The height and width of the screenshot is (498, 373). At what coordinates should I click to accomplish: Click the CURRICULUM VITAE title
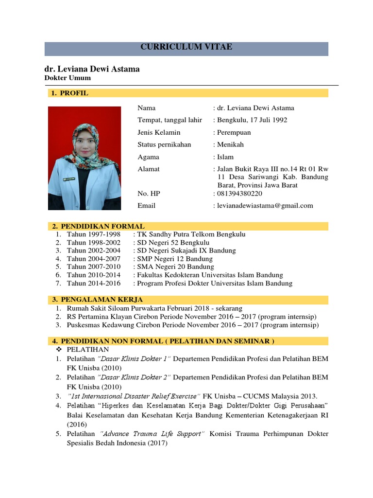click(x=186, y=47)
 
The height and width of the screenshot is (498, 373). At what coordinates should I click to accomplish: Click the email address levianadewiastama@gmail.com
click(x=265, y=206)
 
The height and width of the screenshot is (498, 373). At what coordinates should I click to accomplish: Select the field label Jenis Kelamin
click(x=159, y=132)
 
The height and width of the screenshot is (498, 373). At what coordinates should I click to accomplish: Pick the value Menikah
click(x=231, y=144)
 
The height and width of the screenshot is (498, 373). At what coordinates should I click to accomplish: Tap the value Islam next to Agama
click(x=225, y=157)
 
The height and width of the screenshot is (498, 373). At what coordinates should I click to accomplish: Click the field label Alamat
click(x=149, y=169)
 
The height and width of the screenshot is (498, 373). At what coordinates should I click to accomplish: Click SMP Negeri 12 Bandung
click(x=175, y=259)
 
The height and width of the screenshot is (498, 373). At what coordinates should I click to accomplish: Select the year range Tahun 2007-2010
click(x=94, y=267)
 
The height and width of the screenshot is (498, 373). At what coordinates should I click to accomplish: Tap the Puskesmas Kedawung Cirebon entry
click(x=186, y=325)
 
